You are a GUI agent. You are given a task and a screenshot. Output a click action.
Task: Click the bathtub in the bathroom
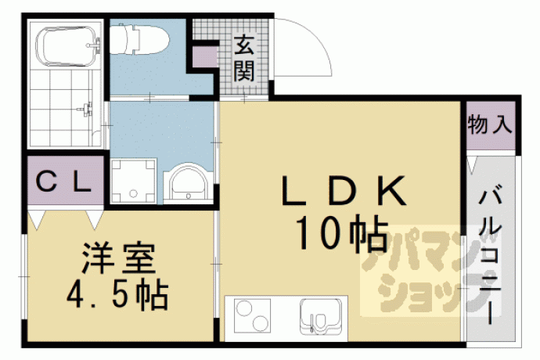pos(67,46)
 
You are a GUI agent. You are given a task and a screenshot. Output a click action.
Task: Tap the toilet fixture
pos(139,38)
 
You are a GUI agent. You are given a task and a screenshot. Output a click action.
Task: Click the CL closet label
pos(63,182)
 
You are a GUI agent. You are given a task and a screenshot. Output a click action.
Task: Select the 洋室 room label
pos(118,258)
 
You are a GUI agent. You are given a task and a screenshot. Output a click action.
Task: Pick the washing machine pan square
pos(133,181)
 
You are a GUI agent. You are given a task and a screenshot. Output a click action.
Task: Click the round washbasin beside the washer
pos(189,183)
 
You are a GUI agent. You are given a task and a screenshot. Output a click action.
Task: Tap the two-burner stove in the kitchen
pos(252,316)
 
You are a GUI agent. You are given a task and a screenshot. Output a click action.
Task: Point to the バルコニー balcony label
pos(489,257)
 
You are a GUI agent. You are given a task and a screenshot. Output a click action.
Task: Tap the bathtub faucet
pos(95,45)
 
